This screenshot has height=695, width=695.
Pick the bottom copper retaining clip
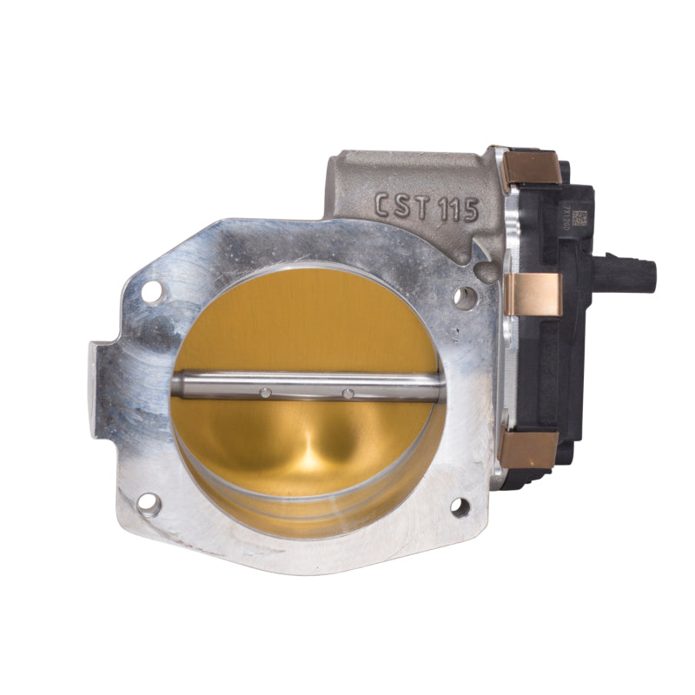tap(528, 448)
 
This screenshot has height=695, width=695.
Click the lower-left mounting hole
tap(149, 503)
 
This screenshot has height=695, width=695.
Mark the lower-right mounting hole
tap(460, 506)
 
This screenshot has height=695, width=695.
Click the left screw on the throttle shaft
tap(266, 393)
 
